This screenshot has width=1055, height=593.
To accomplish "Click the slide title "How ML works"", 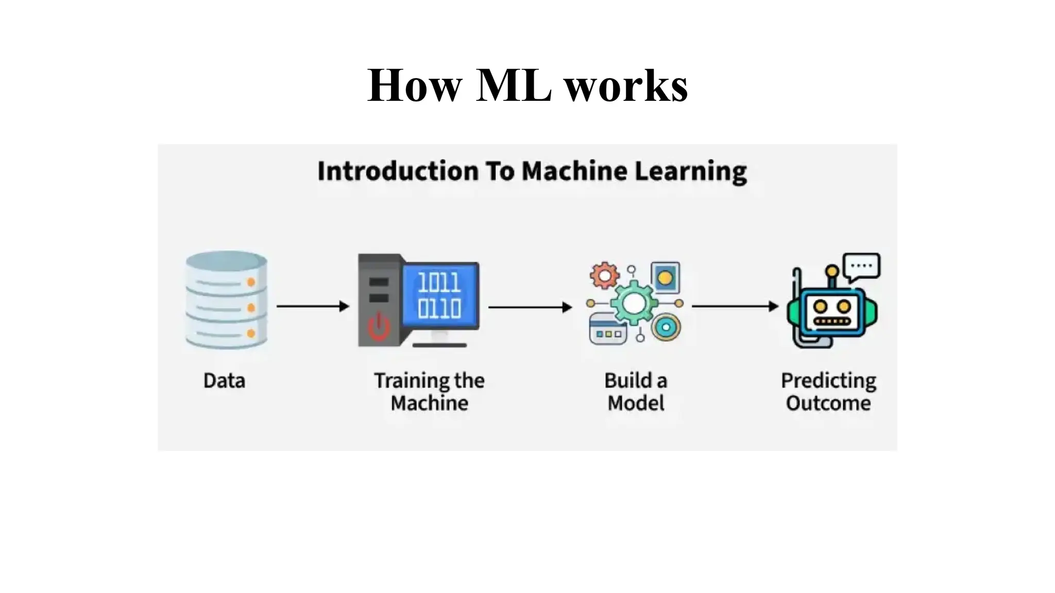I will [527, 85].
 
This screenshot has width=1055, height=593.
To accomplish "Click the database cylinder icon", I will [226, 300].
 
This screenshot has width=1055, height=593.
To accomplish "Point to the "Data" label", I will [224, 381].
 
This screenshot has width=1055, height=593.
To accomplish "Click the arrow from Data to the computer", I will [312, 306].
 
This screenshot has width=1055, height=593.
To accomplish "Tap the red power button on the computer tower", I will [379, 326].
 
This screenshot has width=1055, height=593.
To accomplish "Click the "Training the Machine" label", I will [429, 391].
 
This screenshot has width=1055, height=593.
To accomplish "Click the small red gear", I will [604, 275].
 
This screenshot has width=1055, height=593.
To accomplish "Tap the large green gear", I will [634, 303].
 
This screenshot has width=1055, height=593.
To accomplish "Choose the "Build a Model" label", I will [636, 391].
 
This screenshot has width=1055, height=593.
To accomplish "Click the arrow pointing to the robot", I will [734, 306].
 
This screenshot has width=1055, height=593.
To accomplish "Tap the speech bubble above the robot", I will [862, 267].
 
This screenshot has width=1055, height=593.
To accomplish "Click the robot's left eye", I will [820, 307].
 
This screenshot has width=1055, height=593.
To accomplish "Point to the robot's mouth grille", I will [831, 321].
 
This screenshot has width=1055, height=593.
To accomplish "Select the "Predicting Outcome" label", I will [828, 391].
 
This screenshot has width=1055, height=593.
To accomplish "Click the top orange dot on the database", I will [251, 282].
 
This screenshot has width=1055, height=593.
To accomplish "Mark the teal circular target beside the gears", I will [666, 327].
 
